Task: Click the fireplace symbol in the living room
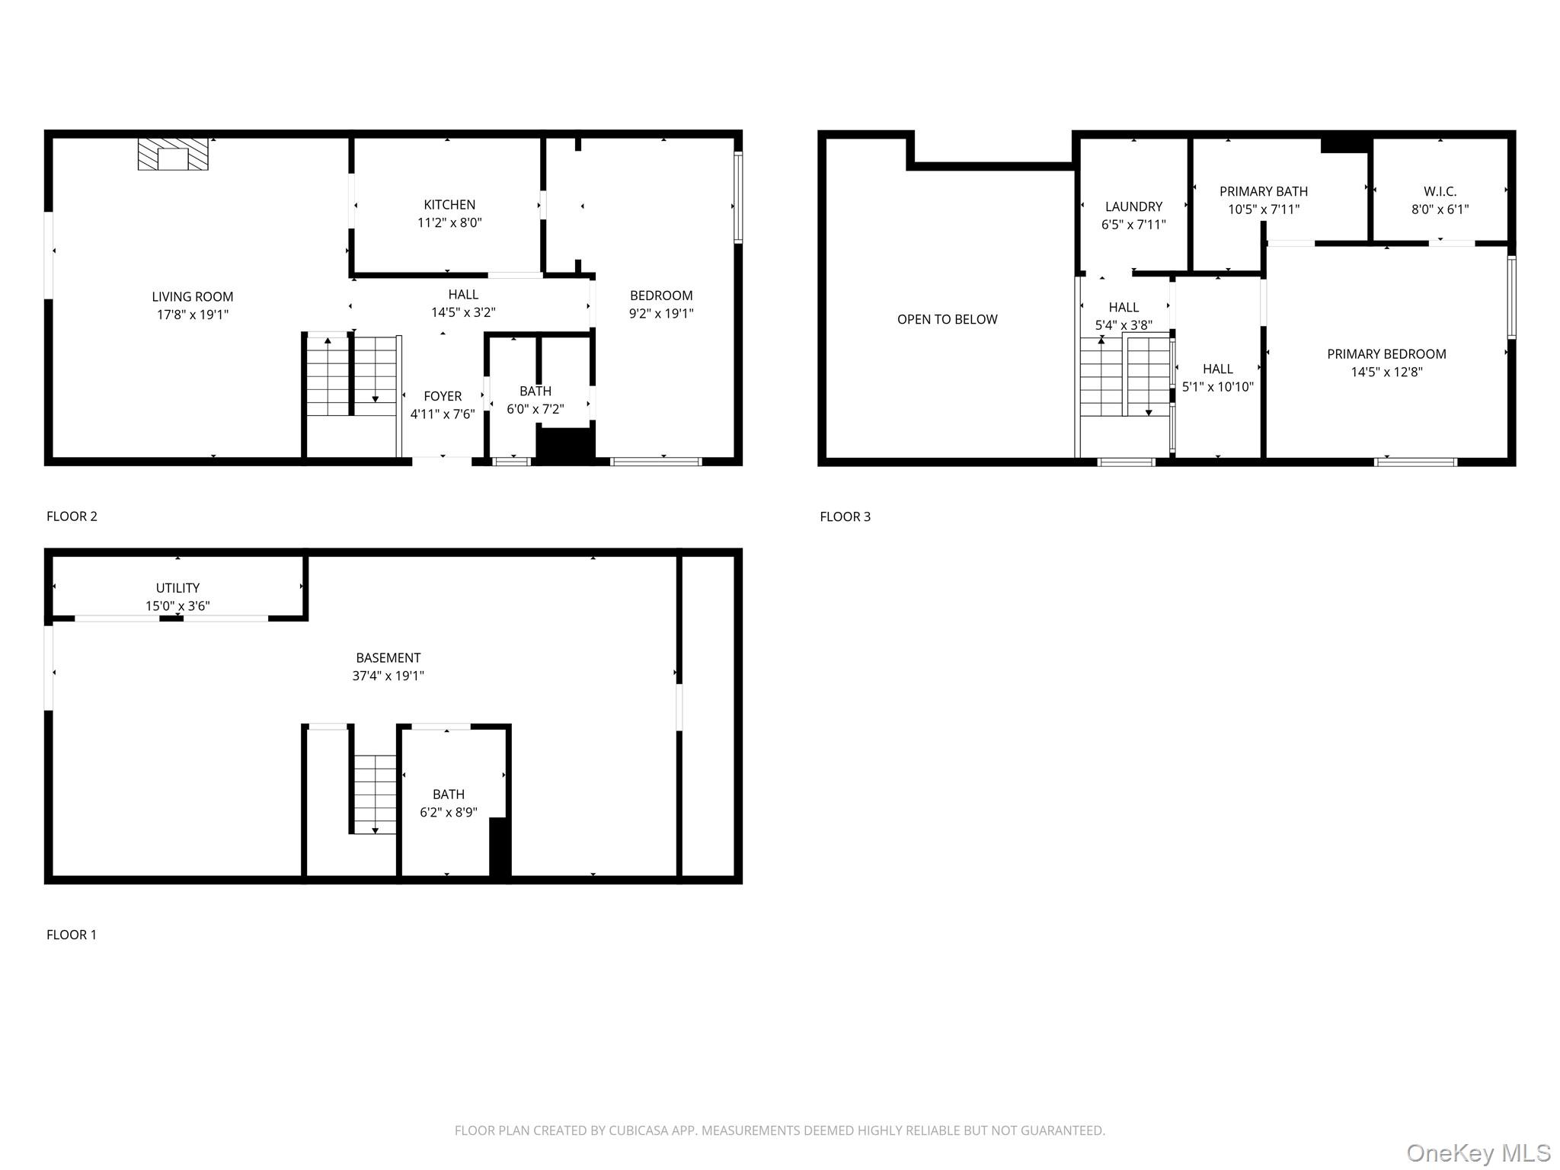(x=173, y=155)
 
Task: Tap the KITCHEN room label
(x=449, y=205)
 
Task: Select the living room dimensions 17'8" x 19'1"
(x=193, y=315)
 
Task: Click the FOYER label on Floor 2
(x=443, y=396)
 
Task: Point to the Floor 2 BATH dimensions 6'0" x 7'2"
(x=535, y=409)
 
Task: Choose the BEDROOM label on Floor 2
(x=661, y=296)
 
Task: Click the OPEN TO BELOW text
(x=947, y=319)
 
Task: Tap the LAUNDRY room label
(x=1133, y=206)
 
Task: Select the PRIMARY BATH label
(x=1264, y=191)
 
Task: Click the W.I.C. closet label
(x=1440, y=191)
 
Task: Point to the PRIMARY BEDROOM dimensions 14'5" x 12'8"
(x=1386, y=372)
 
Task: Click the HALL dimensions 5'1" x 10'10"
(x=1217, y=387)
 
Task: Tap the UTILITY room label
(x=177, y=588)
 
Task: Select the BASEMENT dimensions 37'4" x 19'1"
(x=388, y=676)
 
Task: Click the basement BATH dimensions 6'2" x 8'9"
(x=449, y=812)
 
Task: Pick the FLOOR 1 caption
(x=72, y=935)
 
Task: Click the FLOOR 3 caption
(x=845, y=516)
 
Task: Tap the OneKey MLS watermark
(x=1478, y=1152)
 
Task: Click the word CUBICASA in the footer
(x=638, y=1130)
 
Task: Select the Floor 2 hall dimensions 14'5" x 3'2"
(x=463, y=312)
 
